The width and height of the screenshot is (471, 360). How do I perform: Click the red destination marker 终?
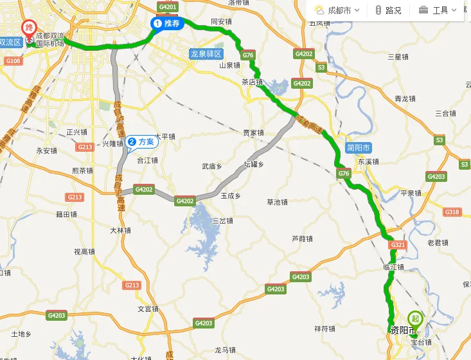click(x=29, y=28)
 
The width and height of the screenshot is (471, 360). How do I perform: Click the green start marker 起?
click(x=415, y=318)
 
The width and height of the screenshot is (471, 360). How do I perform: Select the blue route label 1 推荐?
click(x=168, y=23)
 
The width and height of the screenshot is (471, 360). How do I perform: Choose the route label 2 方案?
click(x=142, y=141)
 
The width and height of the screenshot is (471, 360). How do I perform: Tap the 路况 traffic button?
click(x=388, y=10)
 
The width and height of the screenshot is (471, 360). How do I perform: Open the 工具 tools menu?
click(x=438, y=10)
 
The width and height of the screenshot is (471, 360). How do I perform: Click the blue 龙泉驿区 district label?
click(x=206, y=53)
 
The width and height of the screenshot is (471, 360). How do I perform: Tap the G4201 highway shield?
click(x=166, y=7)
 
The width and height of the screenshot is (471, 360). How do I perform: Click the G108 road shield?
click(x=13, y=61)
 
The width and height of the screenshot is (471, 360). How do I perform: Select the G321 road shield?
click(x=397, y=244)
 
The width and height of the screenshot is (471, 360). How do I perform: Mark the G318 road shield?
click(x=452, y=212)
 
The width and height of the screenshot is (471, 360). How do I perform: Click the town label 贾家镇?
click(x=253, y=133)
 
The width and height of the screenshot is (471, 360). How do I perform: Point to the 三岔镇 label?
click(x=222, y=221)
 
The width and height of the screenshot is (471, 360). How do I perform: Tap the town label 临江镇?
click(x=393, y=267)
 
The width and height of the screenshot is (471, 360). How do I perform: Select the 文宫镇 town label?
click(x=147, y=309)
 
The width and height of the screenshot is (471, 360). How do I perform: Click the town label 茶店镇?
click(x=252, y=82)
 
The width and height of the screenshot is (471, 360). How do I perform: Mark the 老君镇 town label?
click(x=438, y=242)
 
